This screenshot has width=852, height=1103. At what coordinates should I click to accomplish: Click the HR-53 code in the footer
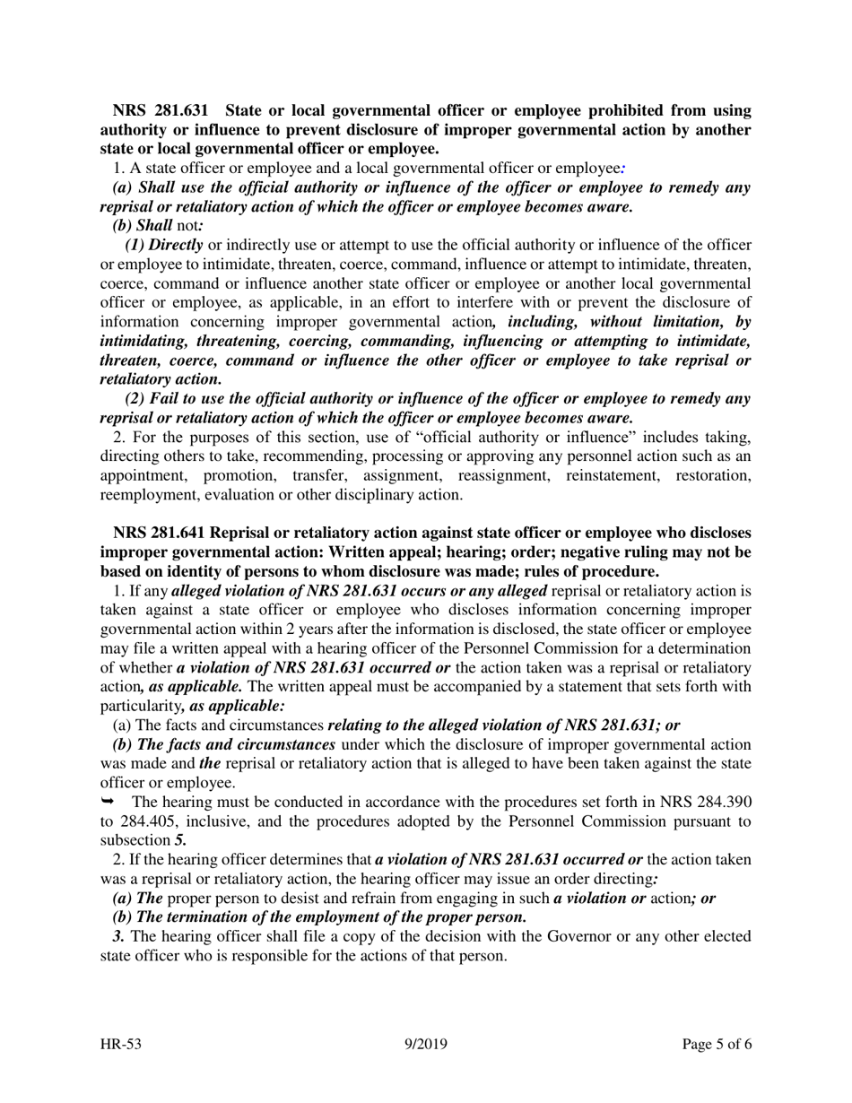coord(120,1044)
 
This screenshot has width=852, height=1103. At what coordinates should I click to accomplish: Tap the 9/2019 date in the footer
coord(425,1044)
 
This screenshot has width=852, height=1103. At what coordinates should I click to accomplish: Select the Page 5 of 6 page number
coord(715,1044)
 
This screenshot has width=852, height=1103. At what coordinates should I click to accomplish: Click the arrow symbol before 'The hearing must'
coord(108,801)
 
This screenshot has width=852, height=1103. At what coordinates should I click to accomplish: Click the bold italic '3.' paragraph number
coord(118,936)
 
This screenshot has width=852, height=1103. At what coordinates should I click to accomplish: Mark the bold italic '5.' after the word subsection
coord(180,840)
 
